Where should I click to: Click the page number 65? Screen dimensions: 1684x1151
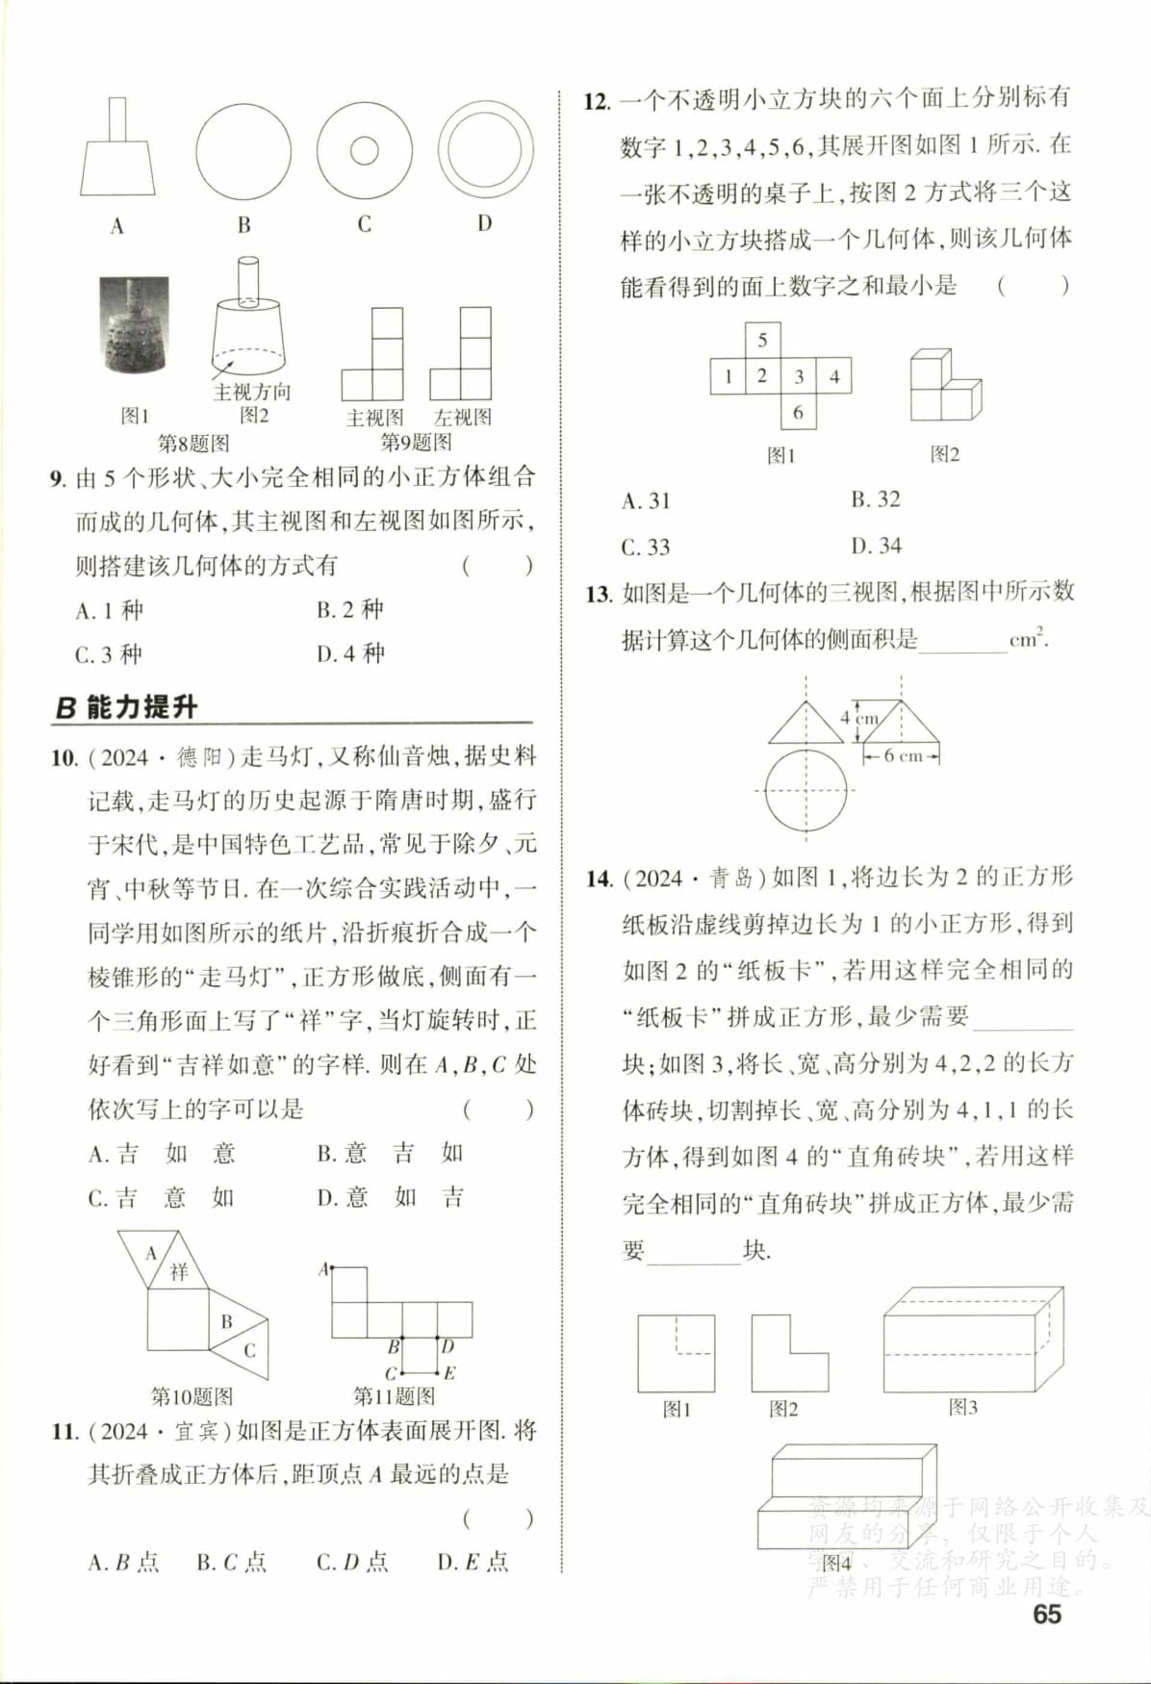tap(1046, 1614)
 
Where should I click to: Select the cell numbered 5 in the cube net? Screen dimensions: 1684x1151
tap(762, 340)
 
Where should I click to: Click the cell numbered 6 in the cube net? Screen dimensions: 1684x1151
tap(798, 412)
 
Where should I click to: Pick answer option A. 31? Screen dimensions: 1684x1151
tap(646, 500)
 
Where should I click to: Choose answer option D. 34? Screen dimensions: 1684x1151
tap(876, 546)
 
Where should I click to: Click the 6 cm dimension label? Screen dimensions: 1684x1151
tap(903, 756)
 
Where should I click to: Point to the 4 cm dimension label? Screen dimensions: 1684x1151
tap(858, 718)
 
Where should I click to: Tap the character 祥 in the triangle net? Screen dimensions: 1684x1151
tap(179, 1271)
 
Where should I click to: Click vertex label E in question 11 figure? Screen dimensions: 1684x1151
tap(449, 1372)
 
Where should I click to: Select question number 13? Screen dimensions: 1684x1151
tap(598, 594)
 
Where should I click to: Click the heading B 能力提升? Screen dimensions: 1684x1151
tap(126, 707)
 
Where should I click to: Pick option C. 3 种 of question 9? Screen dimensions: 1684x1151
tap(109, 654)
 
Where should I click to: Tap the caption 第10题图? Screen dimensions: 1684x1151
tap(192, 1395)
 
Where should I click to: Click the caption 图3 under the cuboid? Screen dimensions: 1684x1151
tap(962, 1407)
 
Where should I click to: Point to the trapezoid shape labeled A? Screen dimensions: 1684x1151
tap(117, 168)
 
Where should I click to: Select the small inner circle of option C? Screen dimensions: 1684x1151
tap(364, 150)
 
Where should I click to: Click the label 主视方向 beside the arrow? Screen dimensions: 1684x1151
tap(252, 392)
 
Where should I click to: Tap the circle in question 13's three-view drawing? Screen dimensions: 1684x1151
tap(806, 791)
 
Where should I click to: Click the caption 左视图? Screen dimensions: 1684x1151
tap(462, 418)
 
